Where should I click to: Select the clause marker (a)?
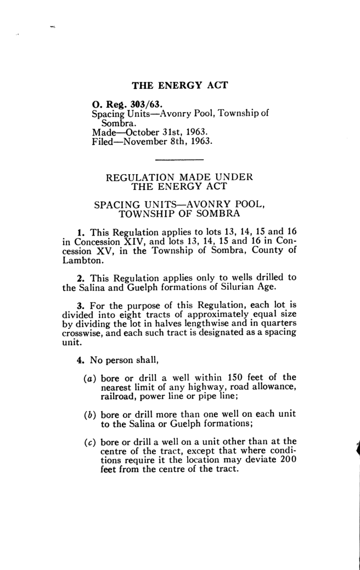pos(89,377)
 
